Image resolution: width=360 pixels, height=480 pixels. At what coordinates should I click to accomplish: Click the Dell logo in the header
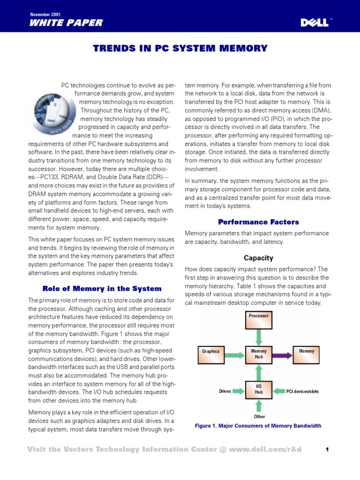pos(315,22)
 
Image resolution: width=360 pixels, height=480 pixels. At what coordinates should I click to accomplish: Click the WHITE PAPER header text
pos(66,23)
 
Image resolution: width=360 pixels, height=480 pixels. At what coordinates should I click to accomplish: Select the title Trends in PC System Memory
pos(180,48)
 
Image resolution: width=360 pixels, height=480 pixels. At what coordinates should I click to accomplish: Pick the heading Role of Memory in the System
pos(102,288)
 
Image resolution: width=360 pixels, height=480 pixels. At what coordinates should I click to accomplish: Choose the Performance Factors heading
pos(258,222)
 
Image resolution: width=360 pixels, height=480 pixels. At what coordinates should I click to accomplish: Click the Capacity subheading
pos(258,258)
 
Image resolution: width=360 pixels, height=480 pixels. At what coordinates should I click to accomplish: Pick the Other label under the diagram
pos(259,416)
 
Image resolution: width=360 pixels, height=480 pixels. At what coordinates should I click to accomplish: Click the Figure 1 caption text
pos(258,426)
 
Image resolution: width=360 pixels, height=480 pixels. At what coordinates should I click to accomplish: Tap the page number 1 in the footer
pos(327,450)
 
